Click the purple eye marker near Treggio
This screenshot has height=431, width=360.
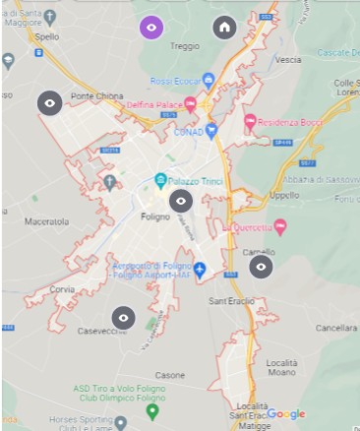(x=151, y=28)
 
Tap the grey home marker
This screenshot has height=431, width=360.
(x=225, y=28)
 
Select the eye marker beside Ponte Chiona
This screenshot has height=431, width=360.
(x=49, y=101)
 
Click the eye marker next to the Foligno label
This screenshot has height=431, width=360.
(x=181, y=202)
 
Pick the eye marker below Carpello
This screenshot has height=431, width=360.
(x=261, y=267)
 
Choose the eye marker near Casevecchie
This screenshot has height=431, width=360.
(x=123, y=318)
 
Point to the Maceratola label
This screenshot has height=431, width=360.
(x=46, y=222)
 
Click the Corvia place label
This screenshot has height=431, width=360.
(x=62, y=289)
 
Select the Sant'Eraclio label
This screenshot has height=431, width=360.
(x=232, y=300)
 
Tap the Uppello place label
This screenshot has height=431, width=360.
(x=284, y=195)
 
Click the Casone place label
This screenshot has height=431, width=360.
(x=169, y=375)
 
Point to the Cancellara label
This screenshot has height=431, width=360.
(x=335, y=327)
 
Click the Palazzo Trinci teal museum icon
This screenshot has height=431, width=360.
(x=160, y=180)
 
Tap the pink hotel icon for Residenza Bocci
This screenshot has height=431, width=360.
(x=250, y=122)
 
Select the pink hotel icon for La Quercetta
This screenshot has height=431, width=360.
(x=279, y=227)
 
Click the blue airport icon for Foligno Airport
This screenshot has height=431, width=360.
(x=200, y=269)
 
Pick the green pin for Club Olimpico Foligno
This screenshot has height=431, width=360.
(x=151, y=410)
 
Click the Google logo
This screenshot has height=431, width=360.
(x=286, y=414)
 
